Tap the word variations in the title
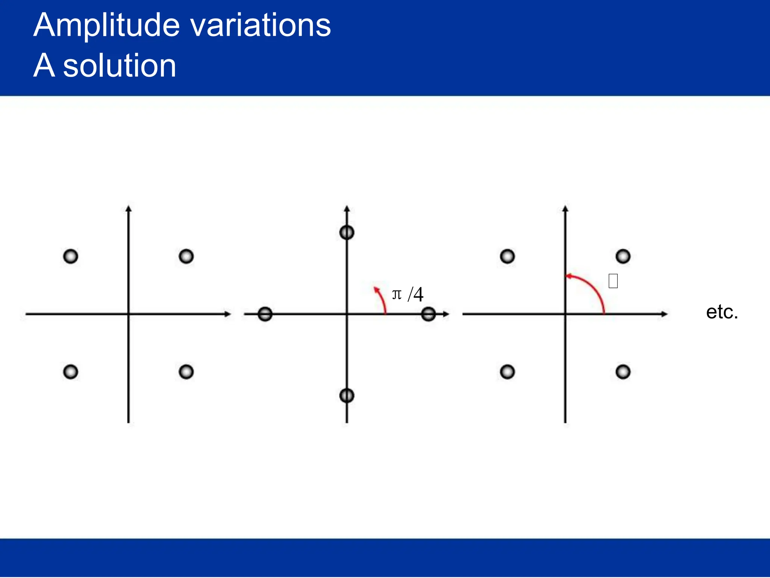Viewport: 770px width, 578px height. (x=260, y=25)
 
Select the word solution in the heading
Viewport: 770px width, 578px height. (x=120, y=65)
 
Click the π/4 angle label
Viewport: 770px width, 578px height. (x=408, y=294)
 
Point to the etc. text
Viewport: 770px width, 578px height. (x=722, y=312)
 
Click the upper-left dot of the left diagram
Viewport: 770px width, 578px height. (x=71, y=257)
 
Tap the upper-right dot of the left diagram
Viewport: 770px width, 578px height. (x=186, y=257)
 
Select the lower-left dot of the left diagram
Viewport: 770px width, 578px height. (x=71, y=372)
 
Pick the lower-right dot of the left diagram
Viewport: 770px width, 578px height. (x=186, y=372)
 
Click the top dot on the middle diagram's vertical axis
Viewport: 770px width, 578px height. (x=347, y=233)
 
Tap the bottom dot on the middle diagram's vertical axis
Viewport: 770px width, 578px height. (x=347, y=395)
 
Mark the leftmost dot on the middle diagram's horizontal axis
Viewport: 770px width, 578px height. (x=265, y=314)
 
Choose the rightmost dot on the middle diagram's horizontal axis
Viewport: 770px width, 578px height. (x=428, y=314)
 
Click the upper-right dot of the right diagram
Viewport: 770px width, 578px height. (x=623, y=257)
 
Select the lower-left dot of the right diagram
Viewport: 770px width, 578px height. (x=507, y=372)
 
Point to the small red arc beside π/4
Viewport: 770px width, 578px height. (x=382, y=299)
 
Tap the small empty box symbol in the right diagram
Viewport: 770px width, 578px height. (x=613, y=281)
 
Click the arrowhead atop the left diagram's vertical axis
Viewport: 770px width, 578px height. (x=129, y=208)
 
